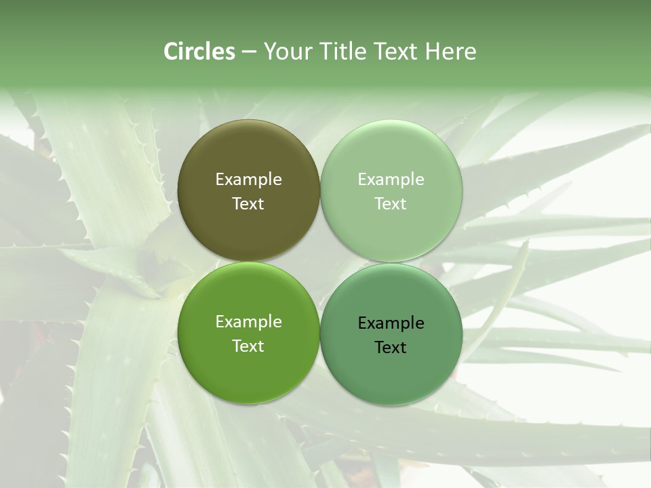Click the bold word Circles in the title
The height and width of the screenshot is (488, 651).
(x=199, y=52)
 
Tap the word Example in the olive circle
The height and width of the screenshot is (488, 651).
(x=248, y=180)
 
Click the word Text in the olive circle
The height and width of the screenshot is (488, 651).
(x=248, y=204)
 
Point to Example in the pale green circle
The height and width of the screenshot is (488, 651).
(x=391, y=180)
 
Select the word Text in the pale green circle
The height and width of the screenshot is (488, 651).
(x=391, y=204)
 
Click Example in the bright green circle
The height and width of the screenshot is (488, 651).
(x=248, y=322)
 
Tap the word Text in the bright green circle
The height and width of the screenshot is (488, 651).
(x=248, y=346)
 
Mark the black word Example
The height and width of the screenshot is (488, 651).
(x=391, y=323)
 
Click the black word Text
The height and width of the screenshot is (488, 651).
(x=391, y=348)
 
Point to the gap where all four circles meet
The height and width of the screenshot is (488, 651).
(x=320, y=262)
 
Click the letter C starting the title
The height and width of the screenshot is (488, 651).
(x=171, y=52)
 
